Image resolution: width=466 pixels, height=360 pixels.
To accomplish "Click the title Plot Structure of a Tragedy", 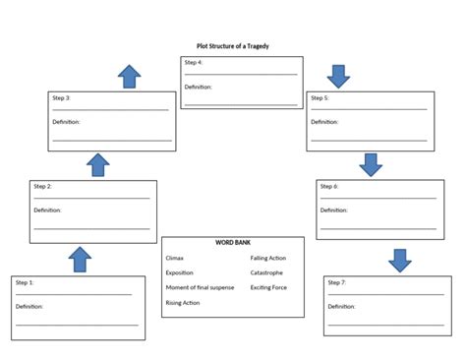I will tap(232, 45).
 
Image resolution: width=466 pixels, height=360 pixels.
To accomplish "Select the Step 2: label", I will tap(43, 187).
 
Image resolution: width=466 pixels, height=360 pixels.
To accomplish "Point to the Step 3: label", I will tap(60, 98).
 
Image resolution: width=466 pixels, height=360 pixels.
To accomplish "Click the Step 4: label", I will tap(194, 63).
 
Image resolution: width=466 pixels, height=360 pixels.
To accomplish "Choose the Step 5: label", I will tap(320, 98).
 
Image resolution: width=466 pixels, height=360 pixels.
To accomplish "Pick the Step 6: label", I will tap(330, 187).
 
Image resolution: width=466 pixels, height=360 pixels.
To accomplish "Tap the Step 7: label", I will tap(337, 283).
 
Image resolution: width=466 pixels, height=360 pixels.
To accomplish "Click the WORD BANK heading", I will tap(232, 243).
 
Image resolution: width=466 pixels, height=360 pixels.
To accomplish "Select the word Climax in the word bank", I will tap(175, 258).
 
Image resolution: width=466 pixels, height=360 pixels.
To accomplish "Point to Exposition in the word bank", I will tap(180, 272).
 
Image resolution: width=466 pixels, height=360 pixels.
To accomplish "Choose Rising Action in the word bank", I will tap(183, 303).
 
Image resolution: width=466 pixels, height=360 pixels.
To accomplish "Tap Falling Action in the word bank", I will tap(268, 258).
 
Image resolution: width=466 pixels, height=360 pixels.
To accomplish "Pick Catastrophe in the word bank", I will tap(266, 272).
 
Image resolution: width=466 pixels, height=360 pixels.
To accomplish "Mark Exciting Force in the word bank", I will tap(268, 287).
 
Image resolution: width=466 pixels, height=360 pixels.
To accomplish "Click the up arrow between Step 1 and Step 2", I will tap(81, 260).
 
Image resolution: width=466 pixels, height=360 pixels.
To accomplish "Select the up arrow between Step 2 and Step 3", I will tap(98, 164).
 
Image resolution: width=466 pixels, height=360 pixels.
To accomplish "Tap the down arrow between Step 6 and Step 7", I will tap(399, 260).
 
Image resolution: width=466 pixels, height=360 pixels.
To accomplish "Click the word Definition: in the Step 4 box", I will tap(198, 87).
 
